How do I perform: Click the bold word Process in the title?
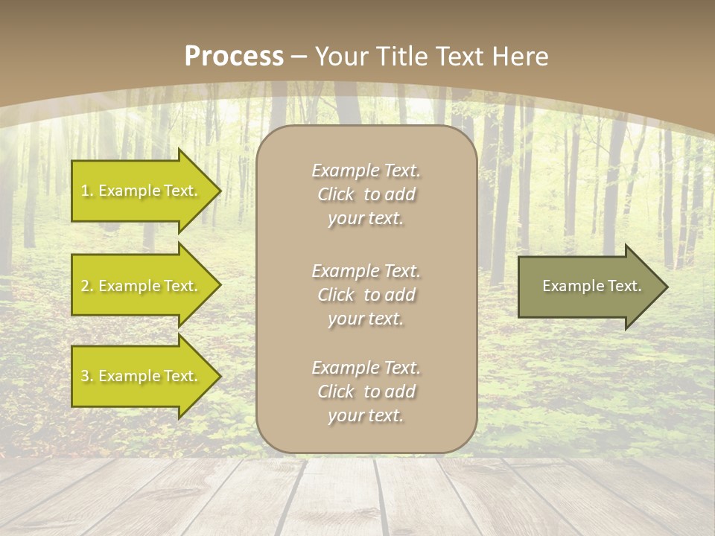click(x=234, y=57)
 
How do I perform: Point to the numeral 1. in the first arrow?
click(x=86, y=191)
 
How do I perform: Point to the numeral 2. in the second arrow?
click(x=86, y=286)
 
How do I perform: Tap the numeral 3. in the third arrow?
click(x=86, y=376)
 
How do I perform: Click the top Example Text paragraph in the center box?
click(x=366, y=194)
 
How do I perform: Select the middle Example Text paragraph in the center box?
click(x=366, y=295)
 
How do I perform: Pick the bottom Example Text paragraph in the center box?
click(x=366, y=392)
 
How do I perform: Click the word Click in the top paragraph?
click(x=336, y=194)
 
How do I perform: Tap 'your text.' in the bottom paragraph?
click(x=366, y=415)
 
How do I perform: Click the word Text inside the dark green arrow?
click(x=624, y=286)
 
